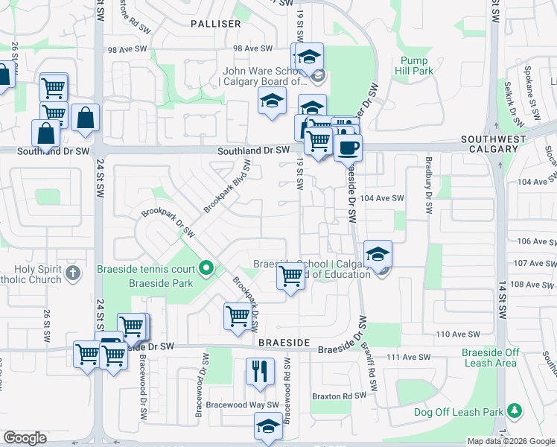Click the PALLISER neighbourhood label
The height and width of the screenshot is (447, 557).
[x=215, y=24]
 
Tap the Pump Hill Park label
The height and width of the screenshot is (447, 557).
[x=416, y=66]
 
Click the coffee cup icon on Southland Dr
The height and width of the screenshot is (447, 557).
[x=348, y=147]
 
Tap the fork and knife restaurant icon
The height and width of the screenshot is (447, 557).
[x=260, y=371]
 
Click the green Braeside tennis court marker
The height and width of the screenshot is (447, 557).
[x=207, y=268]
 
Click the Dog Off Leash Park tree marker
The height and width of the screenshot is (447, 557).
[x=514, y=410]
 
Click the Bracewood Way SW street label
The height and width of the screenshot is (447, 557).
[x=244, y=405]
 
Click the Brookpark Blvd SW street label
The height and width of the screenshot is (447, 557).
[x=226, y=185]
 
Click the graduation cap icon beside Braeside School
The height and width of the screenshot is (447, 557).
[x=378, y=254]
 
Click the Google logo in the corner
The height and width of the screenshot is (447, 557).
[x=25, y=438]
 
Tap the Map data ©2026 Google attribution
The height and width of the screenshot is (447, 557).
[x=511, y=441]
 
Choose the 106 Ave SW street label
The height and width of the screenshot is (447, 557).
[x=535, y=241]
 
